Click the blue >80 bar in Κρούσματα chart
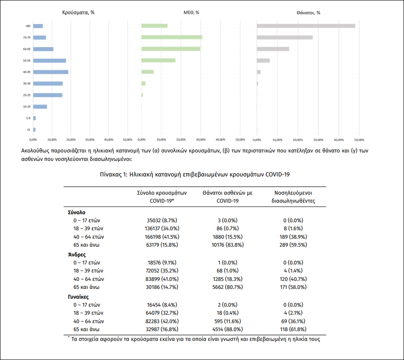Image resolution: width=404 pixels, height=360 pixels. [x=38, y=26]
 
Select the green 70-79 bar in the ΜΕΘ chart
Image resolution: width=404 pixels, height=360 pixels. [x=172, y=37]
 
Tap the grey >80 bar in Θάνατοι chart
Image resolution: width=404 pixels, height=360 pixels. [x=306, y=26]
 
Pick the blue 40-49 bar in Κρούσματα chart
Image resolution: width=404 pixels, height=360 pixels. [x=51, y=72]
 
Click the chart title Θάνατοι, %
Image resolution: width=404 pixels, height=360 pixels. [x=308, y=12]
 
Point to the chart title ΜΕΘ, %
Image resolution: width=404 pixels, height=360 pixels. [x=191, y=12]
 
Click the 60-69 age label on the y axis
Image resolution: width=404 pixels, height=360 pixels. [x=28, y=49]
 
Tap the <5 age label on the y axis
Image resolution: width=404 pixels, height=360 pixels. [x=28, y=130]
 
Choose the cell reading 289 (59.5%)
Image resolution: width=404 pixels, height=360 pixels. [x=293, y=245]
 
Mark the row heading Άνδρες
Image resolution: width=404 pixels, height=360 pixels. [x=77, y=255]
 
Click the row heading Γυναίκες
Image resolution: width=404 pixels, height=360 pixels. [x=79, y=297]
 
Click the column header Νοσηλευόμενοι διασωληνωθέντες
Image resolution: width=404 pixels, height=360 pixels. [x=293, y=197]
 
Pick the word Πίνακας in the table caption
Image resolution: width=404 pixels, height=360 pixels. [x=112, y=175]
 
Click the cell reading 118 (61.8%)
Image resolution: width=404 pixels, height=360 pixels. [x=293, y=329]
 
